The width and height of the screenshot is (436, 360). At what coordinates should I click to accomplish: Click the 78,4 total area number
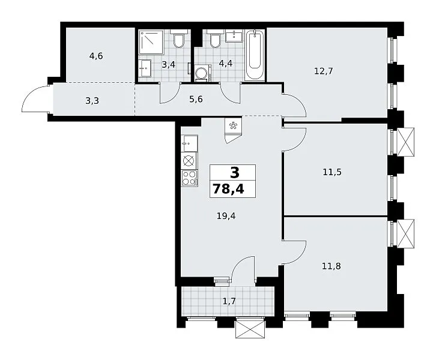[229, 190]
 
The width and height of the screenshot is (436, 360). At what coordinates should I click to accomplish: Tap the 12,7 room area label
[323, 71]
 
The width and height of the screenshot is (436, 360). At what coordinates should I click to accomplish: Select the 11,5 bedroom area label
[332, 172]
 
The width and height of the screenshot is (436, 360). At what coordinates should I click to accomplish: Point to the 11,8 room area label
[332, 266]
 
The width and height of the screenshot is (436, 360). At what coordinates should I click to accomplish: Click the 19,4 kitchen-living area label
[226, 215]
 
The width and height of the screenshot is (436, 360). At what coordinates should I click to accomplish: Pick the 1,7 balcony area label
[229, 301]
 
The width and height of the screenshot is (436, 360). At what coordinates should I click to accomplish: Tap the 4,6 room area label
[96, 56]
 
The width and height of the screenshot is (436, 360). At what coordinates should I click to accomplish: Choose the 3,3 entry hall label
[92, 101]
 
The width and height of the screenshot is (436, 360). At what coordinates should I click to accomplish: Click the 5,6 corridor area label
[196, 99]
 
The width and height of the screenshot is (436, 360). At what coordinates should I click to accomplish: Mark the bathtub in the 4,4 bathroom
[255, 55]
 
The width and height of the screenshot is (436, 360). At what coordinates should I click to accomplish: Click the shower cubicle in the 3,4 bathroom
[151, 42]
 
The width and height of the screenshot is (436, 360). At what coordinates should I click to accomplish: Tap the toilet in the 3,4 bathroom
[178, 38]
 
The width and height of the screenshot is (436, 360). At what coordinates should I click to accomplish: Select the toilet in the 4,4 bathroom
[215, 38]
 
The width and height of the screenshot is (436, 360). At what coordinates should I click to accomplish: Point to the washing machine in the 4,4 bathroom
[202, 73]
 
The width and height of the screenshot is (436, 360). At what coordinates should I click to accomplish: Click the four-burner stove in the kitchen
[189, 178]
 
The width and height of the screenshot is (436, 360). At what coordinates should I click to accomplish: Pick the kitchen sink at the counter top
[189, 143]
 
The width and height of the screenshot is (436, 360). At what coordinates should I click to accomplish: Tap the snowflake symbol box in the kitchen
[232, 126]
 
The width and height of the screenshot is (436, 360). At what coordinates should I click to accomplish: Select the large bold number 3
[235, 173]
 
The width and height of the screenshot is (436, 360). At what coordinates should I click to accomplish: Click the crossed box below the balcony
[250, 329]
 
